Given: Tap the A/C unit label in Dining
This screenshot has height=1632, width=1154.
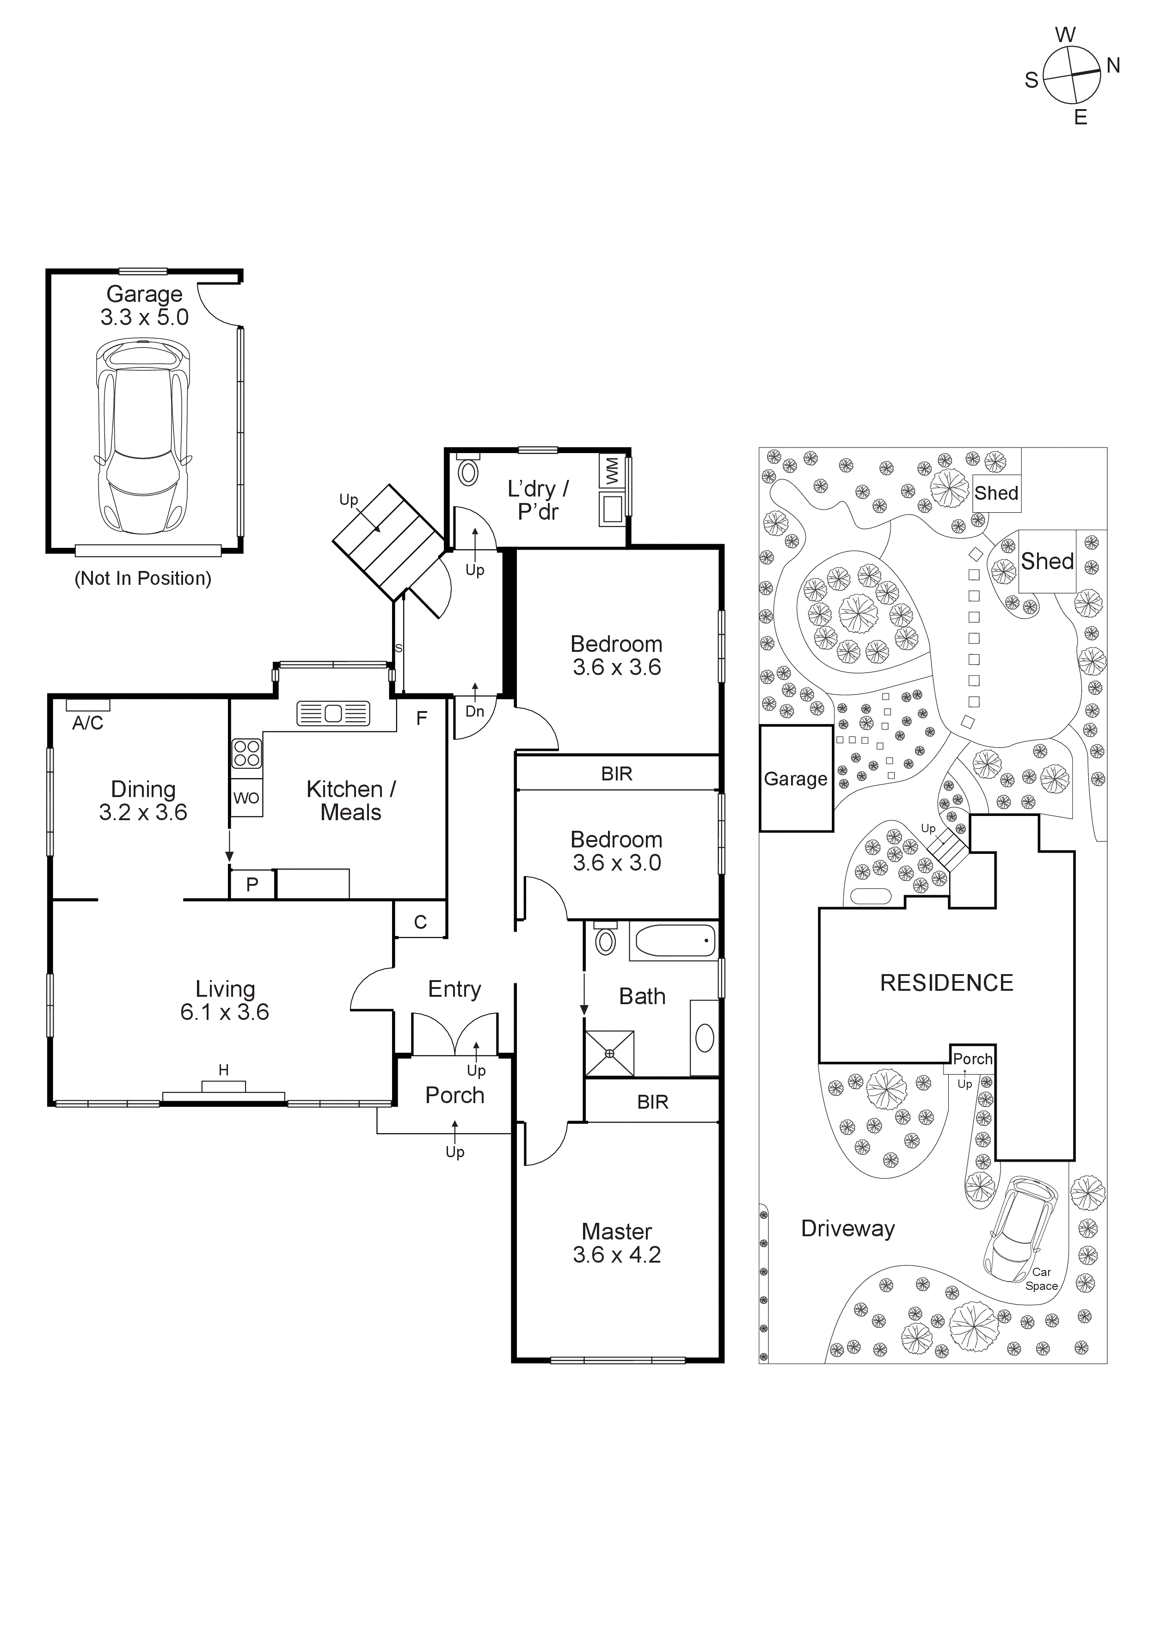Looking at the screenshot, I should click(x=88, y=723).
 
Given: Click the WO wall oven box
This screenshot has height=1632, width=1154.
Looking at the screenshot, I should click(x=246, y=798).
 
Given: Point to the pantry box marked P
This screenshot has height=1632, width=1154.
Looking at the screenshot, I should click(x=252, y=884).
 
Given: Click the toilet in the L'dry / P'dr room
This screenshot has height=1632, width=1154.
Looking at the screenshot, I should click(x=468, y=471).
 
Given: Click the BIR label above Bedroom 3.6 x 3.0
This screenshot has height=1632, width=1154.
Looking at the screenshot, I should click(x=616, y=773).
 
